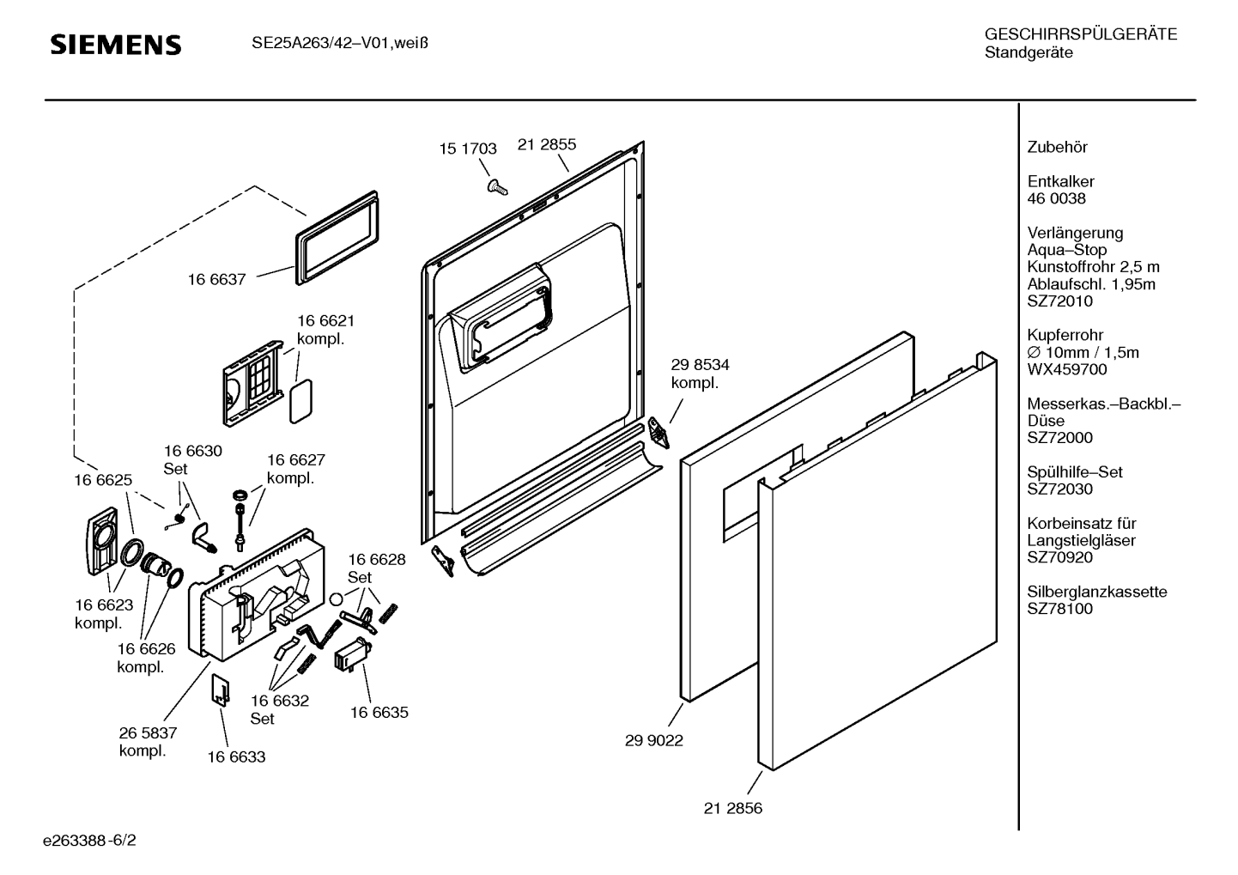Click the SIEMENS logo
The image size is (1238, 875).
(115, 45)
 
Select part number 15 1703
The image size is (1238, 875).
(468, 149)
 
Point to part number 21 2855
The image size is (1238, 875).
(547, 144)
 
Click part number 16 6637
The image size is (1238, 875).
(217, 279)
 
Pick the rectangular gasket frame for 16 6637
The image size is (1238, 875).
(336, 232)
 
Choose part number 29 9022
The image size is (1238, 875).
(654, 740)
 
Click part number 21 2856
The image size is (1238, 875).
(733, 808)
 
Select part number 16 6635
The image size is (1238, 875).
(379, 712)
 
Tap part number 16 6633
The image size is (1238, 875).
(236, 757)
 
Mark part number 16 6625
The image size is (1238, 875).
(103, 480)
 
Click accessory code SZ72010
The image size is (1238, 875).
(1059, 301)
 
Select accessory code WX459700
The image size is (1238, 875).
(1067, 369)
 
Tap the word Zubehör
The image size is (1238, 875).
(1057, 147)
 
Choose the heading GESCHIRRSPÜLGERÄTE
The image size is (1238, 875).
(1080, 35)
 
